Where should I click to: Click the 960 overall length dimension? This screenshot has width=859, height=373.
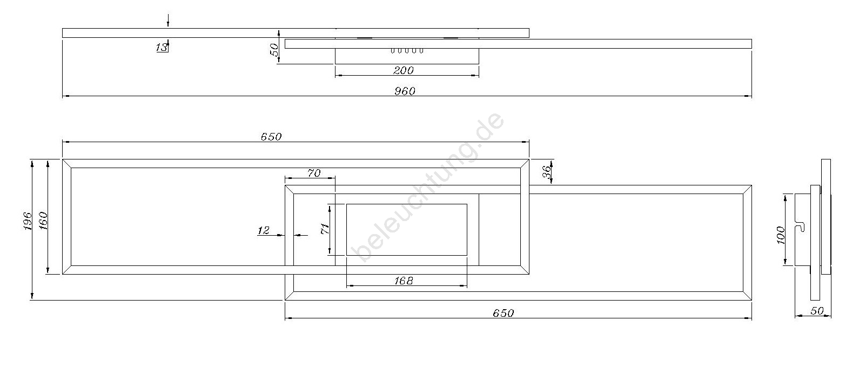tap(405, 91)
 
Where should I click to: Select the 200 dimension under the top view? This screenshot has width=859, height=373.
tap(404, 70)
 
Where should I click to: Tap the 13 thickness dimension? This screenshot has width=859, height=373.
tap(162, 47)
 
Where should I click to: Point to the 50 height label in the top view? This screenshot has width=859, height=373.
tap(274, 50)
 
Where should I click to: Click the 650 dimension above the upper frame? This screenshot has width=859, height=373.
tap(271, 137)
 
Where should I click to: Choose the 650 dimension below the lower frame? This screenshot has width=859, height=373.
tap(503, 313)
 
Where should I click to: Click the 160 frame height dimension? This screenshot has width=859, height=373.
tap(43, 221)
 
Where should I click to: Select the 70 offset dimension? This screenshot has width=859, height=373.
tap(314, 173)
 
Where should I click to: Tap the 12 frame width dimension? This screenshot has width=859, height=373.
tap(264, 230)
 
